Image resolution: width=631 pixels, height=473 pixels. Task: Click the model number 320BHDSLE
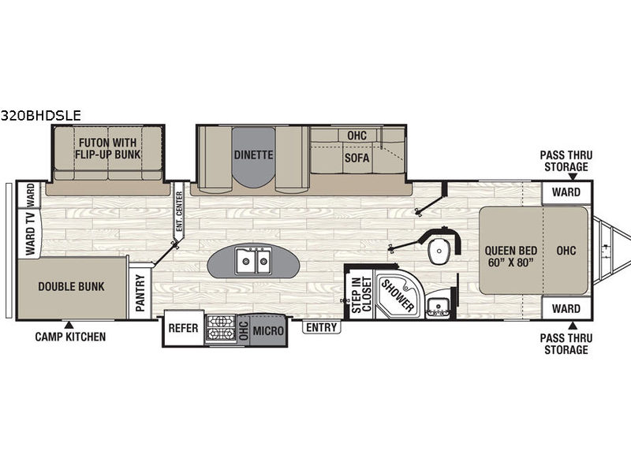pos(41,116)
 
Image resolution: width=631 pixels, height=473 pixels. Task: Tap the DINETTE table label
pos(253,155)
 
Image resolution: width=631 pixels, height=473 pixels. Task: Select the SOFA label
pos(357,158)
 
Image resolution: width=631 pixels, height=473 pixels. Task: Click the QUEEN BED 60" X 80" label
pos(510,256)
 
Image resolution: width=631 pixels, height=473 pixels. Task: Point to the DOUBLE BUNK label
pos(71,286)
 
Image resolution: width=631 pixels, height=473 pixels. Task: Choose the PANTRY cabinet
pos(140,292)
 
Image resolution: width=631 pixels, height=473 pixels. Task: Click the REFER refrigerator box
pos(184,328)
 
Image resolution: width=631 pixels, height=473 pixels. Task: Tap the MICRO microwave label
pos(268,330)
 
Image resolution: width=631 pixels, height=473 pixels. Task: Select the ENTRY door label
pos(321,327)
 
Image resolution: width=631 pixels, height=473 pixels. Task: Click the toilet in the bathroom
pos(439,251)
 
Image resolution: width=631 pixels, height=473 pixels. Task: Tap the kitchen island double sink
pos(253,260)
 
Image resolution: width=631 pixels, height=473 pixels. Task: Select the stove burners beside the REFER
pos(221,328)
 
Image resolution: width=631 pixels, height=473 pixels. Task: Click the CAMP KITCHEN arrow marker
pos(69,325)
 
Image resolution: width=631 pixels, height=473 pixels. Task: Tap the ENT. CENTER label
pos(179,211)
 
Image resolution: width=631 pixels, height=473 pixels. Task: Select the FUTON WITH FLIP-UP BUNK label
pos(108,148)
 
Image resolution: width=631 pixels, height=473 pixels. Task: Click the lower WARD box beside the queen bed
pos(566,308)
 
